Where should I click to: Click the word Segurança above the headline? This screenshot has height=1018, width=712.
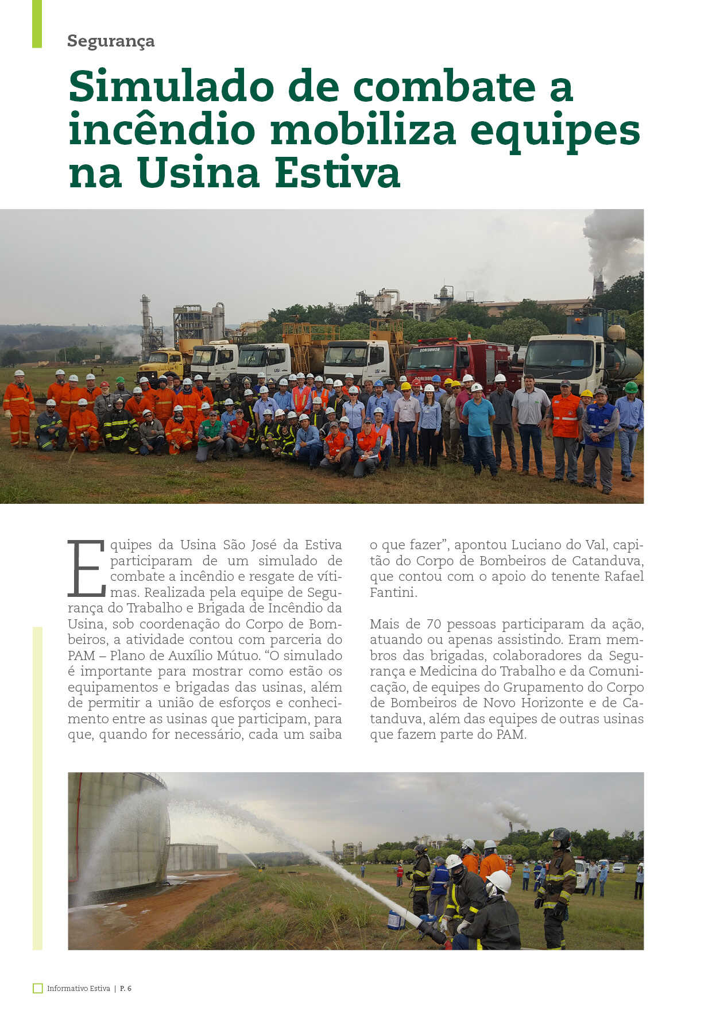111,41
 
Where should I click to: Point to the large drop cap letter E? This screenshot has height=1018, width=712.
86,568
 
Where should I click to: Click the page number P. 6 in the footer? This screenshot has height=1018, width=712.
126,988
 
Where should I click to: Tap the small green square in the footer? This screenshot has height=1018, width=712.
38,988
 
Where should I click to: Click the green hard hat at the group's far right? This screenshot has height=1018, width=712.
630,387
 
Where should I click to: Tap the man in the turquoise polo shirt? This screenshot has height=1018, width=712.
478,425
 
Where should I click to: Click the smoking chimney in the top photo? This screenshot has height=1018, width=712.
598,284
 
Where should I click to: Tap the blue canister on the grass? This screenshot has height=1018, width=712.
396,919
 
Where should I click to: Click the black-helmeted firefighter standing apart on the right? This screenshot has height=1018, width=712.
557,888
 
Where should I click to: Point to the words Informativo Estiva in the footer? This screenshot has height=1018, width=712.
79,988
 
